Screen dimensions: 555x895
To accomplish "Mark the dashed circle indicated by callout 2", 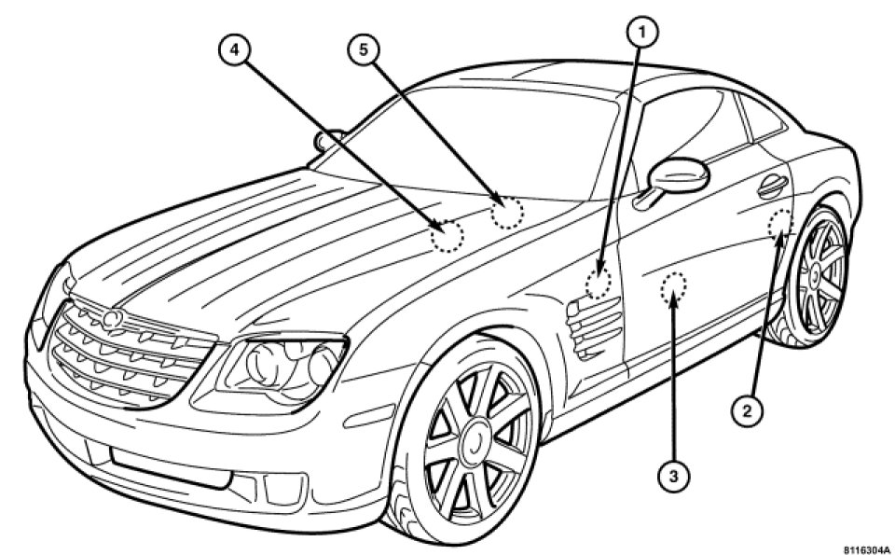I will click(x=779, y=224).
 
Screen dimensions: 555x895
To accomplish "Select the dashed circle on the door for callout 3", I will click(x=672, y=288).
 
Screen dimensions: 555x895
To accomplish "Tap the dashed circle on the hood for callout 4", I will click(x=447, y=236).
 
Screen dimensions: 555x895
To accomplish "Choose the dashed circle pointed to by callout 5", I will click(x=508, y=214).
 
